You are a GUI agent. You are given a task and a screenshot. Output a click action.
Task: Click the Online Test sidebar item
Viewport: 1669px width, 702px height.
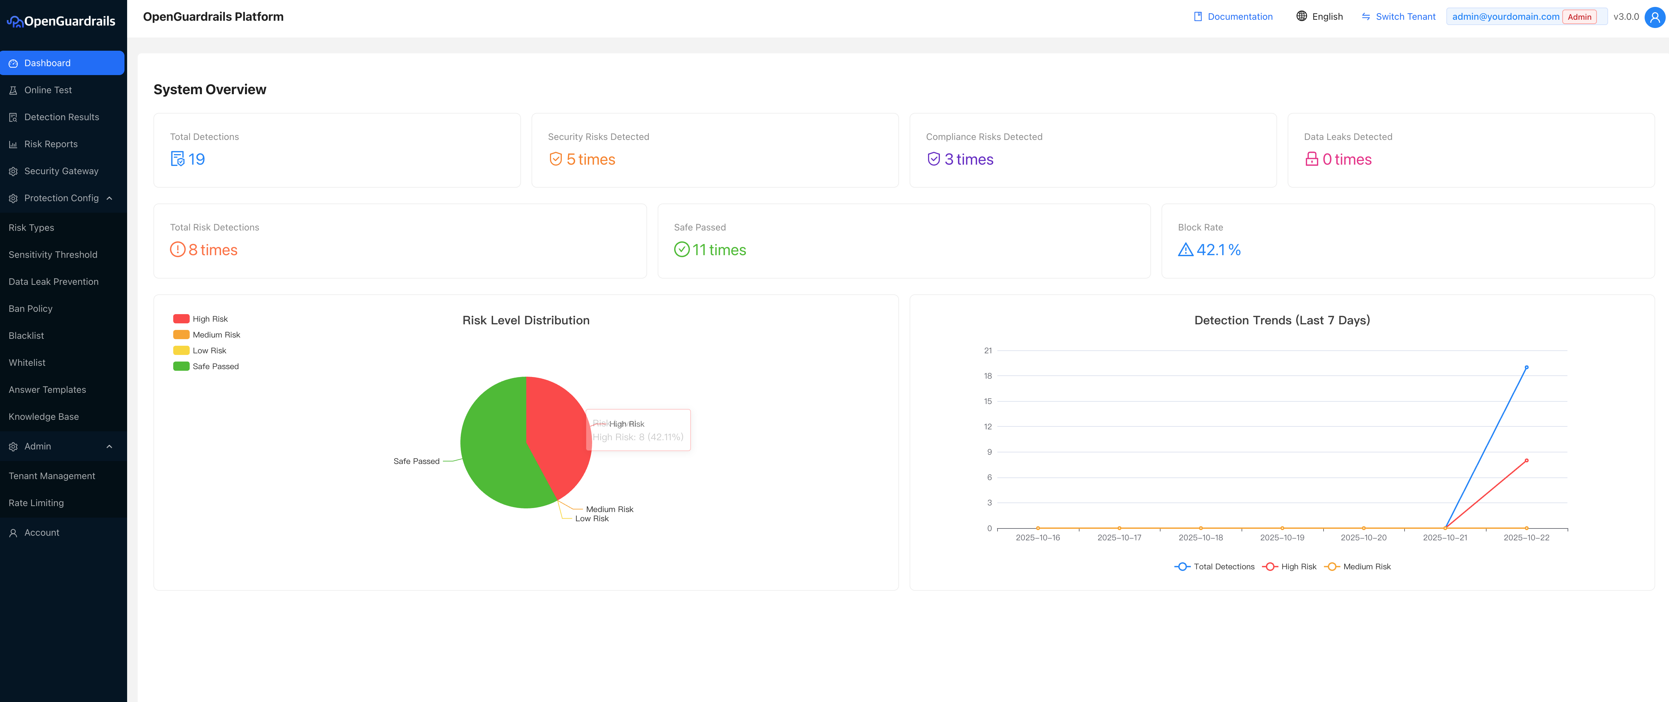click(48, 90)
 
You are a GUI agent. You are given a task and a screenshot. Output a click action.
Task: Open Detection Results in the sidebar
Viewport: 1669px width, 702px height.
click(62, 117)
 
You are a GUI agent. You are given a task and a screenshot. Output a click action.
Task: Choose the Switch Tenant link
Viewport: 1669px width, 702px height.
click(1405, 17)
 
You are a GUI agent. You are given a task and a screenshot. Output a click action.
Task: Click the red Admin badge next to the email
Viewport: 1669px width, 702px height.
click(1579, 17)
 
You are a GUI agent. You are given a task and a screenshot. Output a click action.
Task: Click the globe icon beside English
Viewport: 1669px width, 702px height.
click(1301, 16)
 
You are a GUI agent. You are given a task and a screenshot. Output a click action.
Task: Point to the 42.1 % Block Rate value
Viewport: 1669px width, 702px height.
click(1218, 250)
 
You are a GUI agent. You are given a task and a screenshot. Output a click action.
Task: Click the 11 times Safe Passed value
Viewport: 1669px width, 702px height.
click(719, 250)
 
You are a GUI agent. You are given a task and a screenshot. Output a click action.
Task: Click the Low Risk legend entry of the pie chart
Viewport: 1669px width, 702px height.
click(209, 350)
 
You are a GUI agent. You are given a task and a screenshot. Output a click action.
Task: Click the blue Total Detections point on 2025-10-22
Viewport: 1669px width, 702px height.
click(1526, 367)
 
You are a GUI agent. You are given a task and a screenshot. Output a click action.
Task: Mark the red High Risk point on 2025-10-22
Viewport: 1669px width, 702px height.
click(1526, 460)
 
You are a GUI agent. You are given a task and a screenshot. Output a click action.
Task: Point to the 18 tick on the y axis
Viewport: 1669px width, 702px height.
click(987, 376)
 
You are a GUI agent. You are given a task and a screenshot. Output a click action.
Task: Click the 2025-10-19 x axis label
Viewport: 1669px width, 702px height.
click(1282, 537)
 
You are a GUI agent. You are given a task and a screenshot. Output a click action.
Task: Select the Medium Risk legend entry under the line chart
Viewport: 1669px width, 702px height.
click(1366, 567)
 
